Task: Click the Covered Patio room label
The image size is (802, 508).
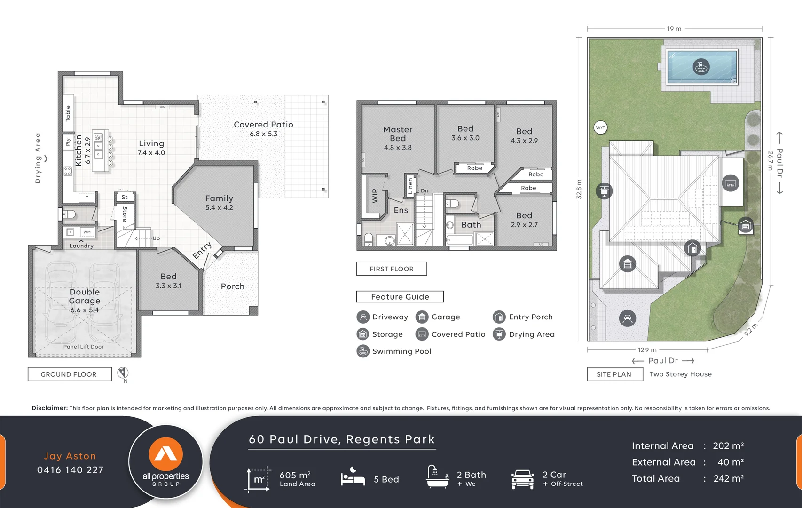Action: tap(263, 125)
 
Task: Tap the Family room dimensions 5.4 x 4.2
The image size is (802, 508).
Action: tap(219, 208)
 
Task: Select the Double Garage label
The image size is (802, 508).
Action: tap(85, 296)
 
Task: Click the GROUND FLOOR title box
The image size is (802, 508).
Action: tap(70, 374)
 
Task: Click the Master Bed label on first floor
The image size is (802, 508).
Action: tap(398, 134)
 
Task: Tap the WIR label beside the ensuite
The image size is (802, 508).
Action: tap(375, 195)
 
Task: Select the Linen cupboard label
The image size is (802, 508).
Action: tap(410, 186)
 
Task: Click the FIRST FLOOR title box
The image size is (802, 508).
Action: tap(392, 269)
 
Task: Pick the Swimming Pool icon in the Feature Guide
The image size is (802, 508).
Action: tap(363, 351)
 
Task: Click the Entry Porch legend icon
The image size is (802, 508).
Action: tap(499, 317)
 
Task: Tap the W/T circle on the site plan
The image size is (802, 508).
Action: tap(600, 127)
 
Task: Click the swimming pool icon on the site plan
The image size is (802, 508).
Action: tap(701, 67)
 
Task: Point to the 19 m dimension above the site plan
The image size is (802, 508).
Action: tap(674, 29)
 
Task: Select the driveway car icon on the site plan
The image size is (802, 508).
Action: tap(627, 318)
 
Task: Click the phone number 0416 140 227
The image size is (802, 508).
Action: tap(71, 470)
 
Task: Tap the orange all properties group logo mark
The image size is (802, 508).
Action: tap(166, 454)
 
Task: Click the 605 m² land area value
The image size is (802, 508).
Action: tap(295, 475)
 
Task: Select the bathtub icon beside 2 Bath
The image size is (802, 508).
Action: tap(437, 477)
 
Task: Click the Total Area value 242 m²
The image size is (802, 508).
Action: tap(728, 479)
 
